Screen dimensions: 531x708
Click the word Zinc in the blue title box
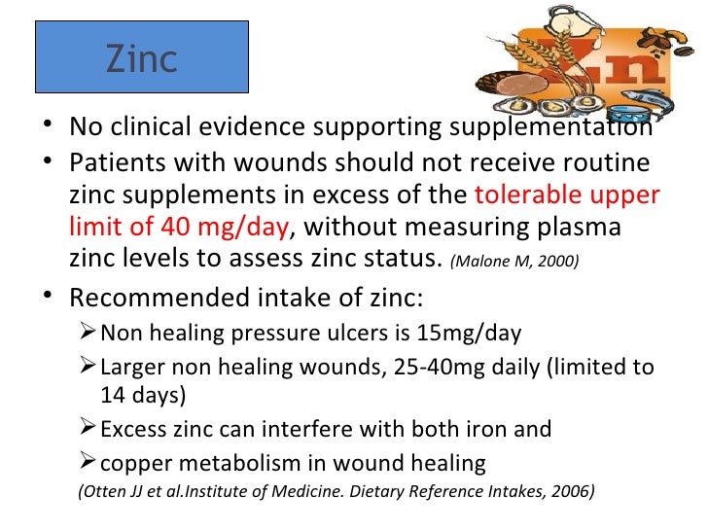point(142,59)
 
